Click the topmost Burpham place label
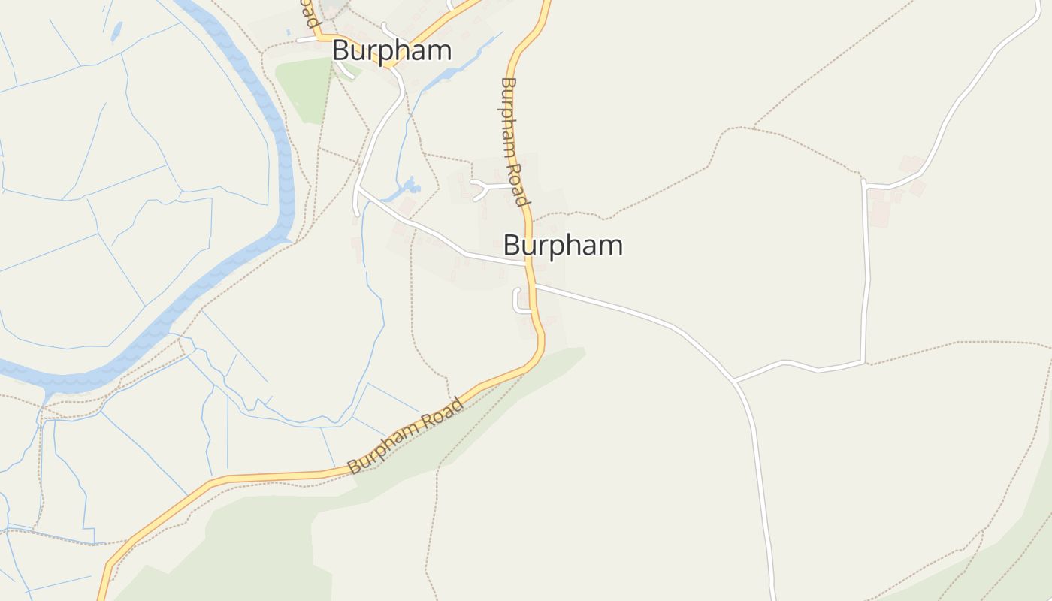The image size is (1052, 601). [x=391, y=50]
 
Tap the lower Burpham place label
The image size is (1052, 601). [x=563, y=245]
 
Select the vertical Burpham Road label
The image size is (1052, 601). [x=514, y=141]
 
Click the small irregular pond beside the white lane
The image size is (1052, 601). [x=408, y=185]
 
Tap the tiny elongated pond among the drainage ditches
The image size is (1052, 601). [x=116, y=31]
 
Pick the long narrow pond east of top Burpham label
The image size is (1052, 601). [x=462, y=63]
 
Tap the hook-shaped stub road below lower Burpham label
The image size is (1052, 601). [x=518, y=300]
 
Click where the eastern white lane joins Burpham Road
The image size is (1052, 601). [x=535, y=285]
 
